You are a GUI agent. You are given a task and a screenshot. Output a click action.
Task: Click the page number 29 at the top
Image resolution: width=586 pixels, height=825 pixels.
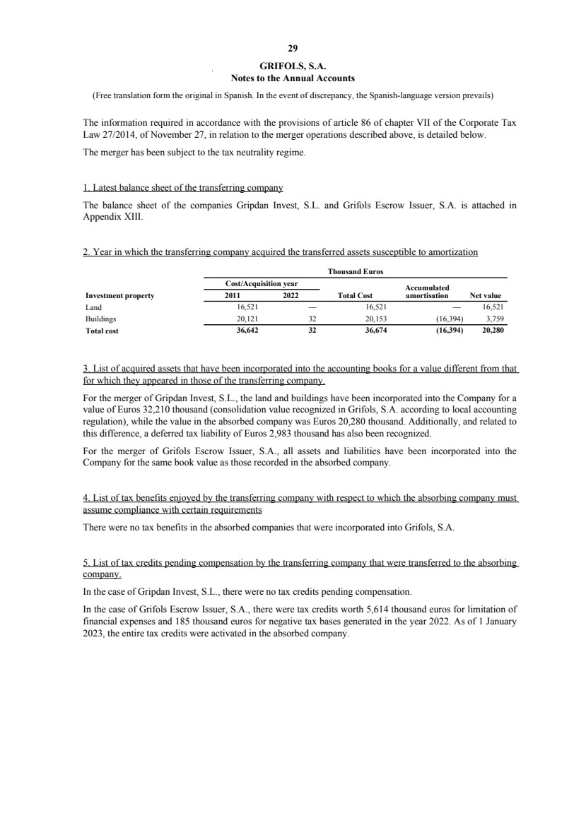tap(293, 49)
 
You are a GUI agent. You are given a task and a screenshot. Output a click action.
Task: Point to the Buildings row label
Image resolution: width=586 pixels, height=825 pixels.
tap(97, 319)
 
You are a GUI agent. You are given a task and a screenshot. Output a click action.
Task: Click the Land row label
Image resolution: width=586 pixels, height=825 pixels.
tap(93, 308)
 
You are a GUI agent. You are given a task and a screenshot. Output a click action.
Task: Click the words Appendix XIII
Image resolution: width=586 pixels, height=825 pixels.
tap(105, 218)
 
